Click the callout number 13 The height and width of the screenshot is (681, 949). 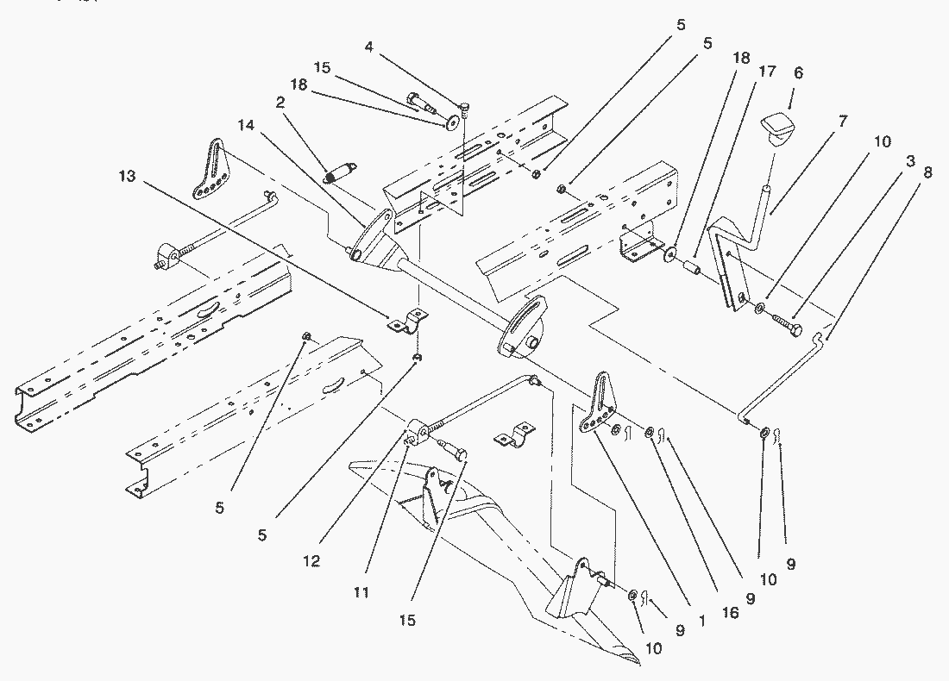click(x=128, y=176)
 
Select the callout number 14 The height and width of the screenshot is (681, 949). click(x=247, y=125)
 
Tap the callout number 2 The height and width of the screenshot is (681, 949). click(x=280, y=103)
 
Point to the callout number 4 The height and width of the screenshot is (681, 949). click(x=369, y=47)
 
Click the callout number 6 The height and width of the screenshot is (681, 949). click(x=798, y=73)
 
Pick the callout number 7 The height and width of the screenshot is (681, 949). click(x=843, y=121)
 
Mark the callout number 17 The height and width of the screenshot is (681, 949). click(x=768, y=72)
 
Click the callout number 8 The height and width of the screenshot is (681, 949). click(x=928, y=172)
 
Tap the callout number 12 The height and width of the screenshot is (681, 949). click(x=311, y=561)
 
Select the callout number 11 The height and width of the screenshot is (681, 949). click(x=361, y=592)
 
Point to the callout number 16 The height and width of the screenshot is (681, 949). click(x=731, y=613)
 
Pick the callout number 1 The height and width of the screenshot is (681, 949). click(x=702, y=622)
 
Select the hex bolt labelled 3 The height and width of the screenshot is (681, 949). click(x=786, y=324)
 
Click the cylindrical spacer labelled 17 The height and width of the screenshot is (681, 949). click(x=690, y=266)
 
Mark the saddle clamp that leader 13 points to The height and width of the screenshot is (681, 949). click(x=407, y=321)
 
